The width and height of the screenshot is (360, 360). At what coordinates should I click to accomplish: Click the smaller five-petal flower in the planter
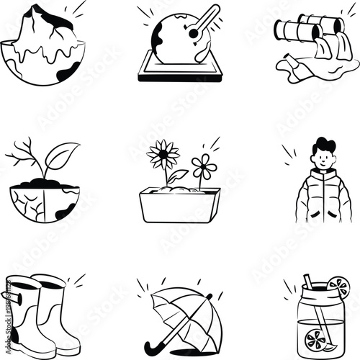coord(204,167)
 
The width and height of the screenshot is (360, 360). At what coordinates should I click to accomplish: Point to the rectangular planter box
coord(179,206)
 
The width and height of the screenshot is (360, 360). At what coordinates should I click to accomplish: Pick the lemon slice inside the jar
coord(315,336)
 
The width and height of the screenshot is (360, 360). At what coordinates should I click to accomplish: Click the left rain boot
coord(19,310)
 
